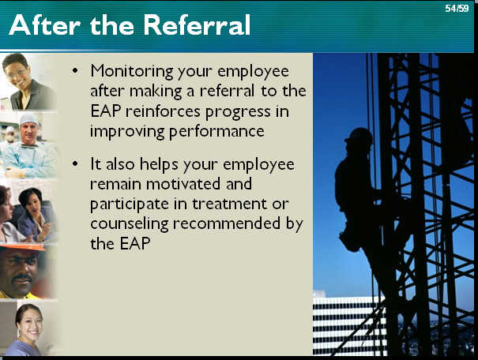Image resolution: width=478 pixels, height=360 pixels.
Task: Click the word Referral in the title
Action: click(197, 25)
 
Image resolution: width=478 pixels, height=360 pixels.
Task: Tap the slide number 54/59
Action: click(457, 8)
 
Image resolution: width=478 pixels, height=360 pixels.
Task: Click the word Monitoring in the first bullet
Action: click(132, 72)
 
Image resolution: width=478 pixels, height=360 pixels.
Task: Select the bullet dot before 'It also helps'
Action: click(75, 163)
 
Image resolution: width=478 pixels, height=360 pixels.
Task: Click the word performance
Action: click(216, 133)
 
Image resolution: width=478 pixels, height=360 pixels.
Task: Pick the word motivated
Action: click(183, 184)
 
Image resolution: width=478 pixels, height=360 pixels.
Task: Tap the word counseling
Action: click(130, 224)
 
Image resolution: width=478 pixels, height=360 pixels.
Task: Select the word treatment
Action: click(230, 204)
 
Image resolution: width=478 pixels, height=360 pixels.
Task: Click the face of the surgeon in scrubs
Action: click(28, 131)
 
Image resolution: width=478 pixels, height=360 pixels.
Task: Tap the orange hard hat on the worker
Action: click(24, 248)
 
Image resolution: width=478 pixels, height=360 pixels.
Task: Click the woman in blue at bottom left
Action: click(26, 329)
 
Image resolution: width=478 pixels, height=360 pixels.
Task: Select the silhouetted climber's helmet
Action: click(359, 136)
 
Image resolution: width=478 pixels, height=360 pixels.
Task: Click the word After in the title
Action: click(45, 25)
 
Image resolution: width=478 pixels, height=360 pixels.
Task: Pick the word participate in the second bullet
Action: click(130, 204)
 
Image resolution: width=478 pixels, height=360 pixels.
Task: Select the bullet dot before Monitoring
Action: click(75, 71)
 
